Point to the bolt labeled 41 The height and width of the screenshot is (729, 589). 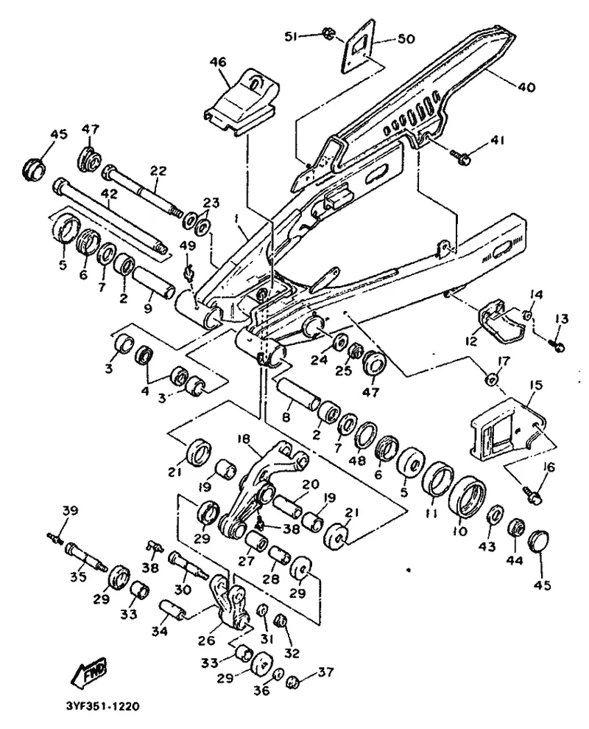[x=463, y=156]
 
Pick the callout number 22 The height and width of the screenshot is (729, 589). [x=158, y=171]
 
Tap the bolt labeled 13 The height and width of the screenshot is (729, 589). [x=558, y=344]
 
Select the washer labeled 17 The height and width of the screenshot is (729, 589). [x=491, y=378]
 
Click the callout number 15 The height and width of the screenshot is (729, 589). [x=535, y=385]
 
